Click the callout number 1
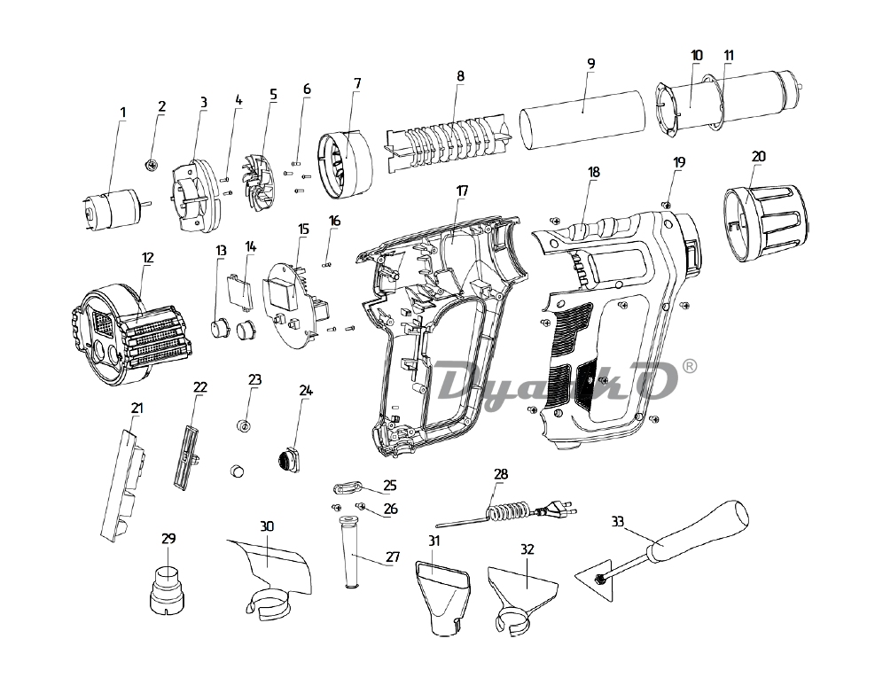[123, 113]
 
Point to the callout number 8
[460, 76]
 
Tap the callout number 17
[463, 191]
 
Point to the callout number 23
[255, 379]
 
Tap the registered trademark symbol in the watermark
[715, 365]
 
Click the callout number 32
[527, 549]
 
